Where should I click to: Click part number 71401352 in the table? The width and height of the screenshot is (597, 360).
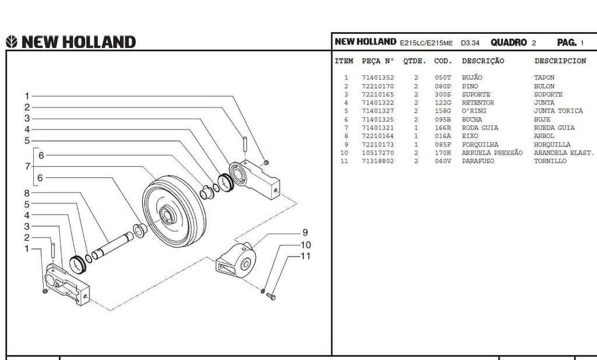378,78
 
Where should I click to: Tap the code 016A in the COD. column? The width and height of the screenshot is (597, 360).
443,136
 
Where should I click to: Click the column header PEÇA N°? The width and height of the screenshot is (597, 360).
378,61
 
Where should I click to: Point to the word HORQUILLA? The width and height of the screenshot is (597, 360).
552,145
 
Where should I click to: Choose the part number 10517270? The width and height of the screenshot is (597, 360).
378,153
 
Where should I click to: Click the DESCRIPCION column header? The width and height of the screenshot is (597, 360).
560,61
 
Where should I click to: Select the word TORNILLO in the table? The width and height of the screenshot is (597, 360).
550,161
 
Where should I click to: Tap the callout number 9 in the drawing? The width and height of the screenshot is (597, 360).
304,233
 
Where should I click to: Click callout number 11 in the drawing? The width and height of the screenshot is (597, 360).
305,256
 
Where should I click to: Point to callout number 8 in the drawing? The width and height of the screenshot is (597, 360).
27,193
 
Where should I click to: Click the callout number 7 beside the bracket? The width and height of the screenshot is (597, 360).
27,166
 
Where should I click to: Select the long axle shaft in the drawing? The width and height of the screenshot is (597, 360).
117,245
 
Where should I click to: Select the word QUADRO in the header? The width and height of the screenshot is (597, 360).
509,43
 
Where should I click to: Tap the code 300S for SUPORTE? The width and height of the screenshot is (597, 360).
443,95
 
